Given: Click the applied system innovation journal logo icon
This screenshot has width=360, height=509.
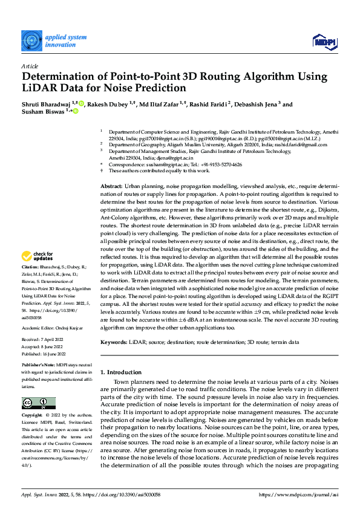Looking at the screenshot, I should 31,41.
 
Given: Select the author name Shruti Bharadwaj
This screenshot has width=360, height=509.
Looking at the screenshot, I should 47,104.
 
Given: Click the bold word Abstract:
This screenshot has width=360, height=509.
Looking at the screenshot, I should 111,169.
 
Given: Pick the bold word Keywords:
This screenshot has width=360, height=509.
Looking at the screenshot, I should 114,343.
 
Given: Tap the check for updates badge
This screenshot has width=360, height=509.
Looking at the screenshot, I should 38,273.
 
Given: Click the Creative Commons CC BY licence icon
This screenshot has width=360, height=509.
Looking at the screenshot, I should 38,403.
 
